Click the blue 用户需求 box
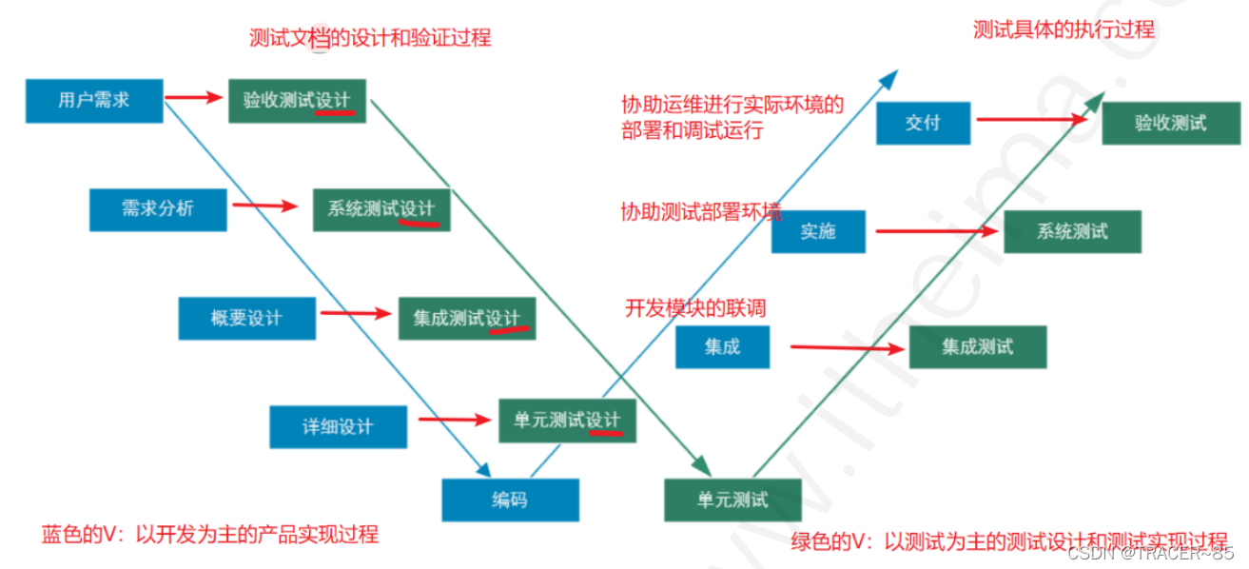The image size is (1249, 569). tap(94, 100)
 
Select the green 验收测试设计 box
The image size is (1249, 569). tap(297, 100)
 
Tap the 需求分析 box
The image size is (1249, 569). tap(158, 209)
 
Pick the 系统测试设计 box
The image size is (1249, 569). tap(381, 209)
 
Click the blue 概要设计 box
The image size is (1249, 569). tap(246, 318)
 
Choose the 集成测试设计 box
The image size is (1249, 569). tap(466, 318)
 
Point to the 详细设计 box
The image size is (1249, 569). tap(338, 426)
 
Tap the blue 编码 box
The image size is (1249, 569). tap(510, 500)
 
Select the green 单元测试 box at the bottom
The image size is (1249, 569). tap(732, 500)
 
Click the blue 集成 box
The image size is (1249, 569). tap(722, 346)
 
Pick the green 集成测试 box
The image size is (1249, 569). tap(977, 346)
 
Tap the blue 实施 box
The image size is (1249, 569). tap(818, 231)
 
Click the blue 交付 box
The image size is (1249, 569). tap(923, 123)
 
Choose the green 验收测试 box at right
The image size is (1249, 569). tap(1170, 123)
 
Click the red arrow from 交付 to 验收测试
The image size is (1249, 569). tap(1032, 120)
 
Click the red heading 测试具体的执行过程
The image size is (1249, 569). tap(1064, 29)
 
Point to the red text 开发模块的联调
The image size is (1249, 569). tap(694, 308)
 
